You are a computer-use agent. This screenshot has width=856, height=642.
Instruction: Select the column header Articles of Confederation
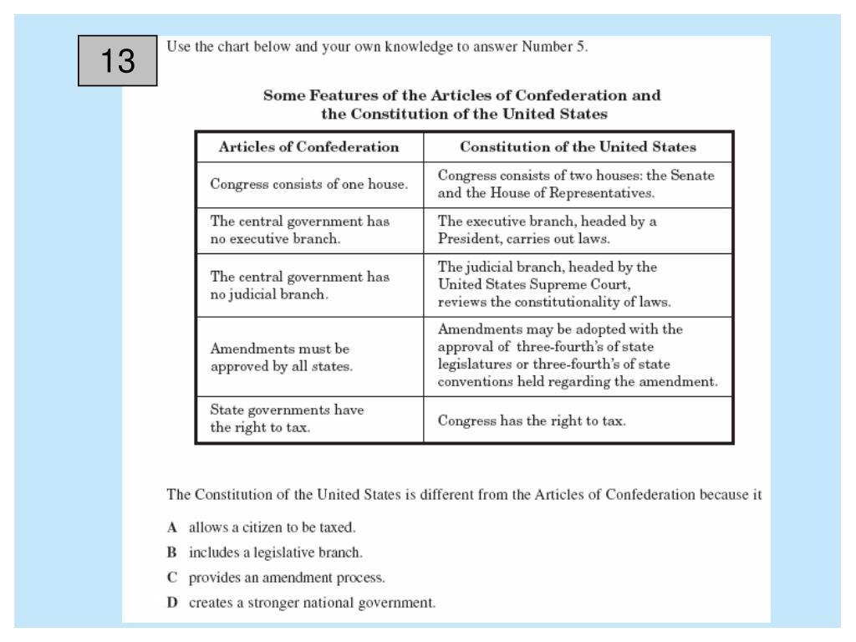tap(308, 147)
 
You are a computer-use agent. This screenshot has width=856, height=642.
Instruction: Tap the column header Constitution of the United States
tap(578, 147)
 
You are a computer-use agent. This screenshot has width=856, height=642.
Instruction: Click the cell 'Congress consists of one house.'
tap(308, 186)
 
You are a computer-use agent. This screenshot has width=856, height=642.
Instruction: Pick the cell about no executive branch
tap(308, 231)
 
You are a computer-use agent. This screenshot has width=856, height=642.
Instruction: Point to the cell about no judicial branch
tap(308, 285)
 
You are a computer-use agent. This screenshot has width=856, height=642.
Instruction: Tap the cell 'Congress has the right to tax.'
tap(578, 420)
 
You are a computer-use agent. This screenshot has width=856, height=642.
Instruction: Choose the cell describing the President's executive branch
tap(578, 231)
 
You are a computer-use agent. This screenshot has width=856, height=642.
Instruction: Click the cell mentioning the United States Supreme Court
tap(578, 284)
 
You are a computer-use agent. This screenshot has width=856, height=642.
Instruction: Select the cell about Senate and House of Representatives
tap(578, 186)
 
